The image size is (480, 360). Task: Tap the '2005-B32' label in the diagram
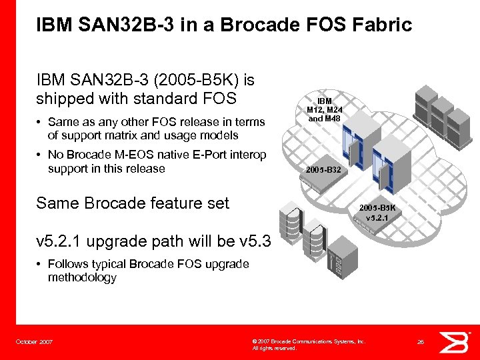[x=323, y=170]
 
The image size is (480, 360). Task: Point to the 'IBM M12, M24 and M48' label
[x=324, y=109]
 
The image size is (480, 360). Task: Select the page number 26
[x=421, y=342]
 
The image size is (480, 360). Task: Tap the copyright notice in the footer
[x=308, y=344]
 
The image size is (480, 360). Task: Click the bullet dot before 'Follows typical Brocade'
[x=40, y=264]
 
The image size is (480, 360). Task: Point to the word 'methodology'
[x=82, y=277]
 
